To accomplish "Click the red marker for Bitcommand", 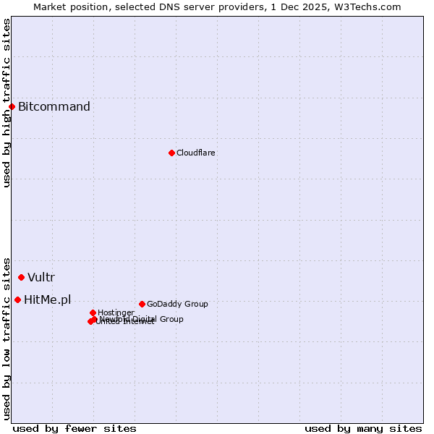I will coord(12,107).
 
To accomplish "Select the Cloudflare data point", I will coord(171,153).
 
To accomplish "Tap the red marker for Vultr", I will coord(21,277).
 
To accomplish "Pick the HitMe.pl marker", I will coord(17,299).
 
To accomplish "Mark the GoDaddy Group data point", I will coord(142,304).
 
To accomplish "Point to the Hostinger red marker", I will coord(93,312).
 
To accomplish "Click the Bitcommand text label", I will coord(54,107).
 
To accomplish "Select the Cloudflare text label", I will coord(196,153).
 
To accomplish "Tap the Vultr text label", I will coord(41,277).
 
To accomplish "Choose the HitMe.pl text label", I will coord(48,299).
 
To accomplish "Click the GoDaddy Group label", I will coord(177,304).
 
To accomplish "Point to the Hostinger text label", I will coord(116,312).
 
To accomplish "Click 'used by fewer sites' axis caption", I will coord(75,428).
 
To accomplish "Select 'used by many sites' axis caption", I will coord(363,428).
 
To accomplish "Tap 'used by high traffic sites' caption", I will coord(7,103).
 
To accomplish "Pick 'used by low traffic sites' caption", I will coord(7,338).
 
